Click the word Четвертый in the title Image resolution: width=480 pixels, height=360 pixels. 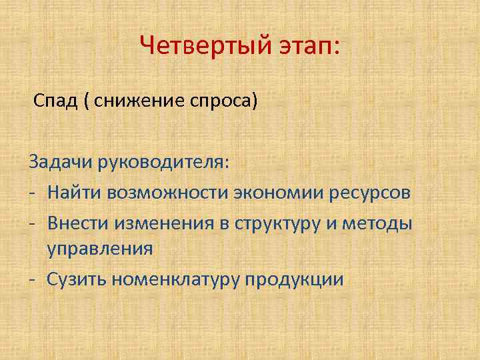tap(199, 47)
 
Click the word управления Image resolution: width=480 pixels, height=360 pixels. tap(99, 249)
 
